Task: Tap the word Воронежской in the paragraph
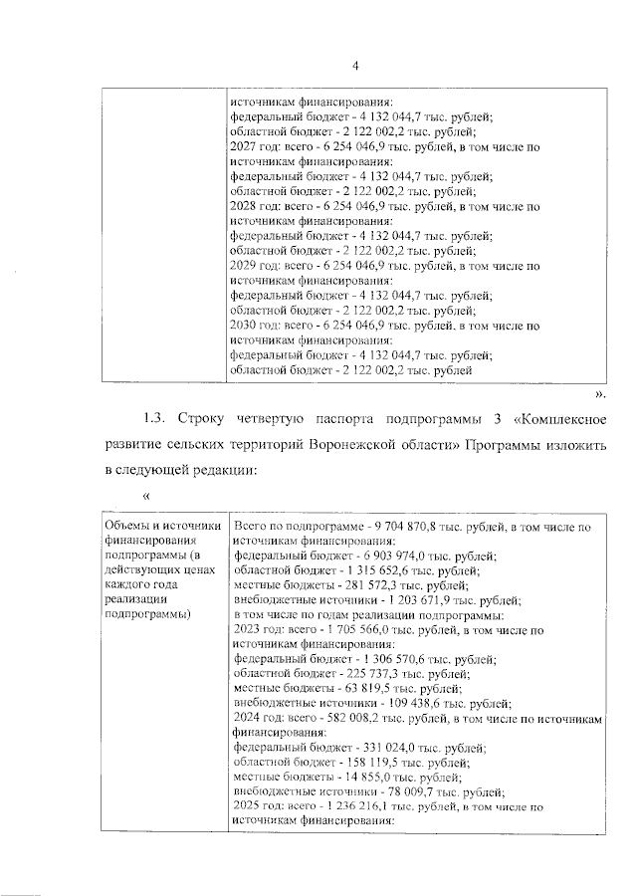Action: (394, 442)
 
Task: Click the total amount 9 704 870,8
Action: (408, 526)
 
